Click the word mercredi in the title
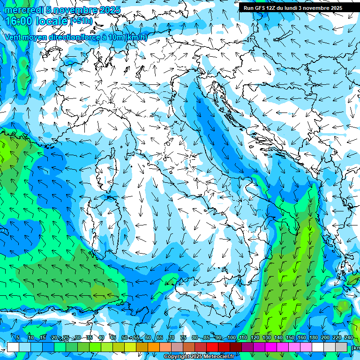pos(23,10)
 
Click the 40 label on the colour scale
pos(101,338)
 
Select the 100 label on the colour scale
pos(231,338)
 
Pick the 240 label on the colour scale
pos(348,338)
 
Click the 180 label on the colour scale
pos(313,338)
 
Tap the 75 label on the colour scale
pos(183,338)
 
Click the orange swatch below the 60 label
pos(154,347)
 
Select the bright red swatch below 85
pos(212,347)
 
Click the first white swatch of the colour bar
pos(13,347)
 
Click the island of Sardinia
pos(101,220)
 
